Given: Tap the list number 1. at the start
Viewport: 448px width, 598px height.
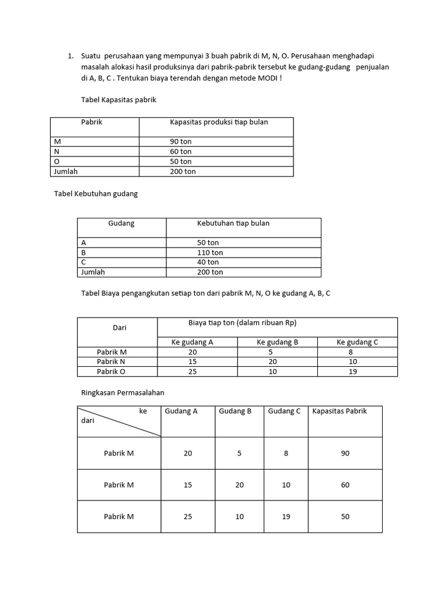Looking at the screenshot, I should point(70,56).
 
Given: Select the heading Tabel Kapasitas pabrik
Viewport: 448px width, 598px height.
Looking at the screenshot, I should point(118,100).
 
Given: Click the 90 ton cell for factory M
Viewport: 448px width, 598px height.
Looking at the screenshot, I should point(180,142).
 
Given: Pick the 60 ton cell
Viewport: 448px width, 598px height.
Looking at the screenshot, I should point(180,152).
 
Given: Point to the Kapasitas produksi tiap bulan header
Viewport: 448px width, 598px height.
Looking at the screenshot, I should point(219,123).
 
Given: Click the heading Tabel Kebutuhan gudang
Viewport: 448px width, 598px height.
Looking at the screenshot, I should point(96,194).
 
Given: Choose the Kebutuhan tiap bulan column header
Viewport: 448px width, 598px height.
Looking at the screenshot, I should point(233,224).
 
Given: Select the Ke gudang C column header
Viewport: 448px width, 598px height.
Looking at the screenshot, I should point(357,343).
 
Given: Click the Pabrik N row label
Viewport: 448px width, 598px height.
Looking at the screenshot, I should point(111,362).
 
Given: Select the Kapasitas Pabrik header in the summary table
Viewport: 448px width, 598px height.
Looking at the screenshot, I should point(339,412).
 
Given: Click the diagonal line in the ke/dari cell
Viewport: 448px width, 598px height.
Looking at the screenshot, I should point(120,422).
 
